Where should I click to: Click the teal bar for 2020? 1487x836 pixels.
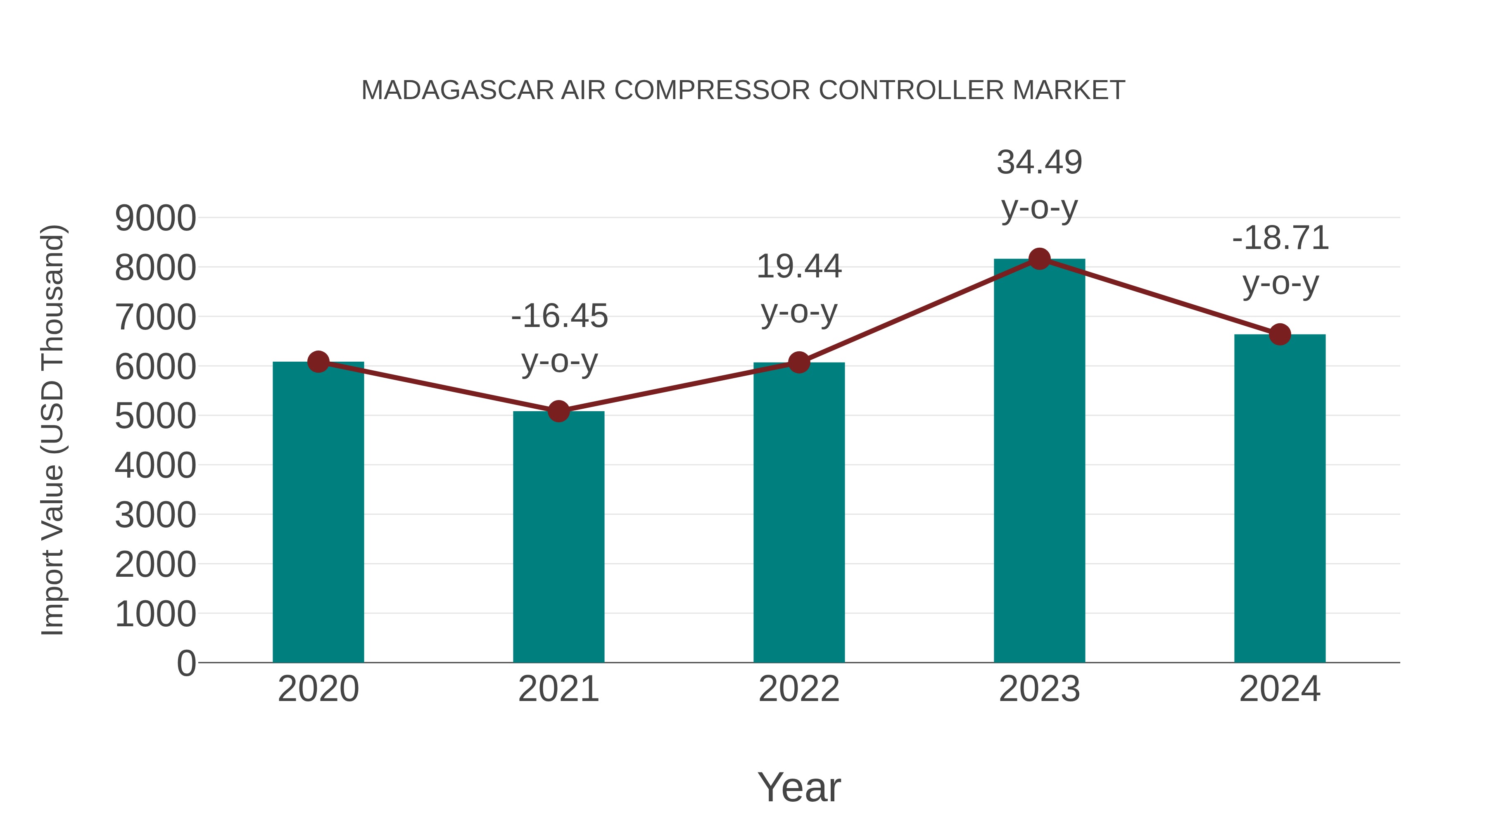coord(318,514)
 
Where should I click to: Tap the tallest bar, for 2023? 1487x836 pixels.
coord(1039,462)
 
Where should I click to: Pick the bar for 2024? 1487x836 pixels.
coord(1280,499)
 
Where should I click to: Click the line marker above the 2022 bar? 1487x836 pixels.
coord(799,363)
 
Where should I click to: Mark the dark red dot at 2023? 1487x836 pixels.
coord(1039,259)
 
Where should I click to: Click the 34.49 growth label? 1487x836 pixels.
coord(1039,163)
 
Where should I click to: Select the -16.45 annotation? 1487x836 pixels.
coord(559,317)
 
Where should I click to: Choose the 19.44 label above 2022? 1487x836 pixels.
coord(799,267)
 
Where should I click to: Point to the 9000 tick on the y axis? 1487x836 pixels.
coord(155,219)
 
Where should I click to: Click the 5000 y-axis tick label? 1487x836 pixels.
coord(155,416)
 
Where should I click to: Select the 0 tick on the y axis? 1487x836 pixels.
coord(186,663)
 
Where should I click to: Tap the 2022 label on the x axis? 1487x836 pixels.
coord(799,689)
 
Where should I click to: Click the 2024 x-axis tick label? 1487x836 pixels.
coord(1280,689)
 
